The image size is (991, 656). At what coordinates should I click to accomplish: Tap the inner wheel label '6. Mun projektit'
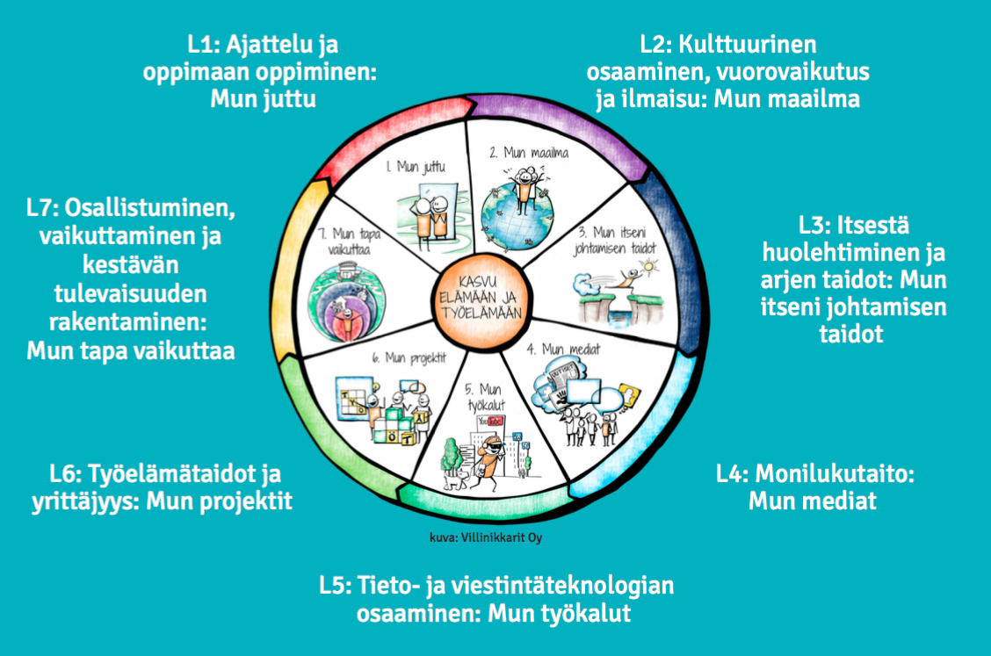(387, 358)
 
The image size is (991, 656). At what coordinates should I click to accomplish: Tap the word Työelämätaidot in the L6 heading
(172, 475)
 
